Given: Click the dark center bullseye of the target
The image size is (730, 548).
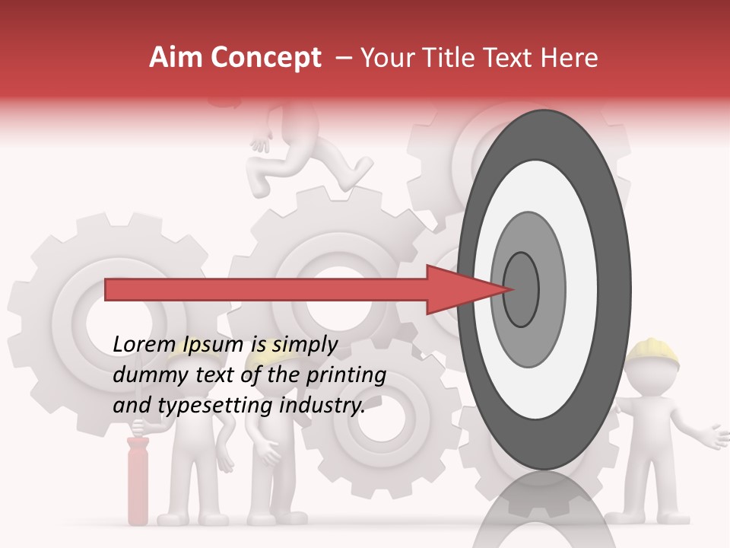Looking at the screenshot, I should [x=521, y=288].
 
